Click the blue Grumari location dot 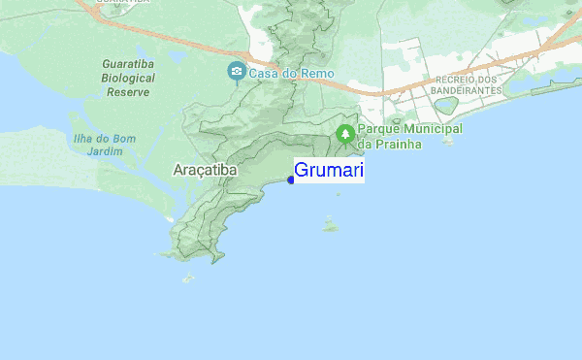291,180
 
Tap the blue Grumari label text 329,172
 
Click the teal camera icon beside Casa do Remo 236,72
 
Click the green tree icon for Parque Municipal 344,133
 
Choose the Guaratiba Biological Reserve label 126,78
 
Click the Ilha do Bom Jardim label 104,145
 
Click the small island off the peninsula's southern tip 187,278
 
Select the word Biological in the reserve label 126,79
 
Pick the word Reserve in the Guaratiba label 126,92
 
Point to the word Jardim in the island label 104,151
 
